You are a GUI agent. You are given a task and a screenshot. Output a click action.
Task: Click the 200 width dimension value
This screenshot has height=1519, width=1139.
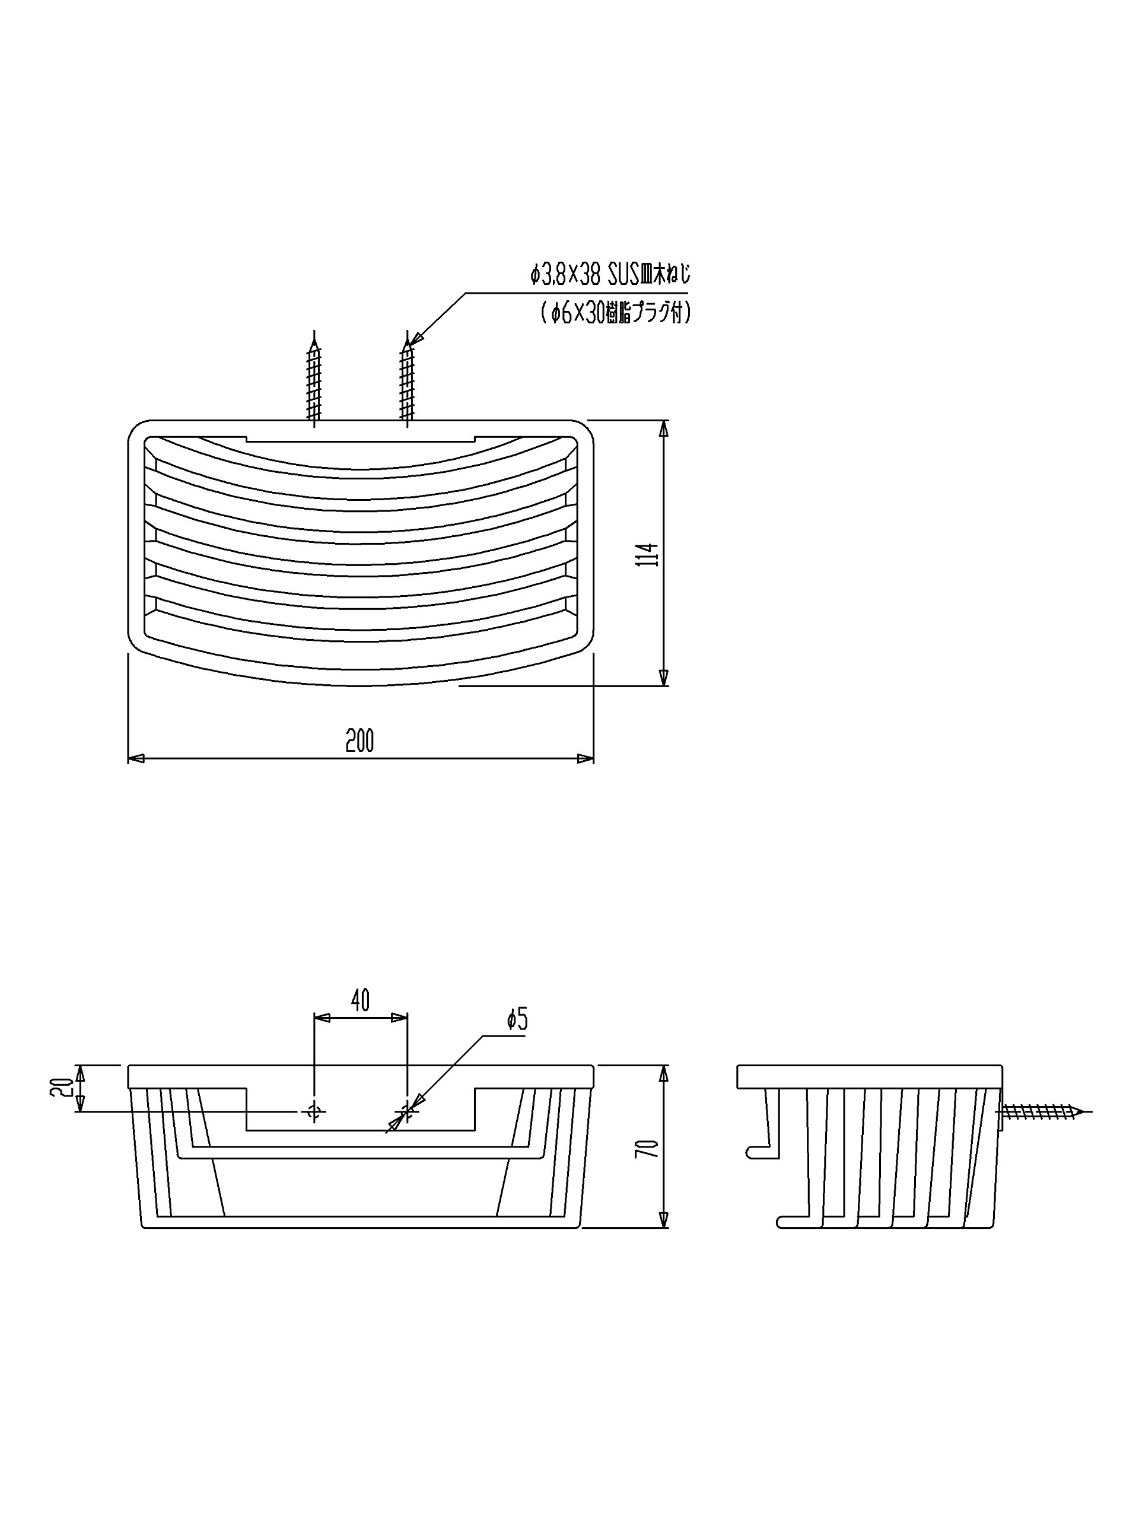359,741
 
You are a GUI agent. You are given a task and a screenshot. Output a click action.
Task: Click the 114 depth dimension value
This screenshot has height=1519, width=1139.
647,554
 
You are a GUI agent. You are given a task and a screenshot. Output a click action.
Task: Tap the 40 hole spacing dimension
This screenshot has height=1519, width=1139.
361,1000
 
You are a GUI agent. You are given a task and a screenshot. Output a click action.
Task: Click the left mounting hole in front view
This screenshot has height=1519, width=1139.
314,1110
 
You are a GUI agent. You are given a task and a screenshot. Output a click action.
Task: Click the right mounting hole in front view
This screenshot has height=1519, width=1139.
407,1110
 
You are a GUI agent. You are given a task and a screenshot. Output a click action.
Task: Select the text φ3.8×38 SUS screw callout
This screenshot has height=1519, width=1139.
610,276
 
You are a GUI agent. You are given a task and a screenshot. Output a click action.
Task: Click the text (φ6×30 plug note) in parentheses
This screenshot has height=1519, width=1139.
615,314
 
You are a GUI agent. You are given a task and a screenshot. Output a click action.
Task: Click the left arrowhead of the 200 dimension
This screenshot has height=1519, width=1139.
136,758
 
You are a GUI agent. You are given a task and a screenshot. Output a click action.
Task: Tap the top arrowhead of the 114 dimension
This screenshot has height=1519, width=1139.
663,428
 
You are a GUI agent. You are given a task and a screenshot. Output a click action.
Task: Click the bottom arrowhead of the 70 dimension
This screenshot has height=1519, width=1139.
663,1219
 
